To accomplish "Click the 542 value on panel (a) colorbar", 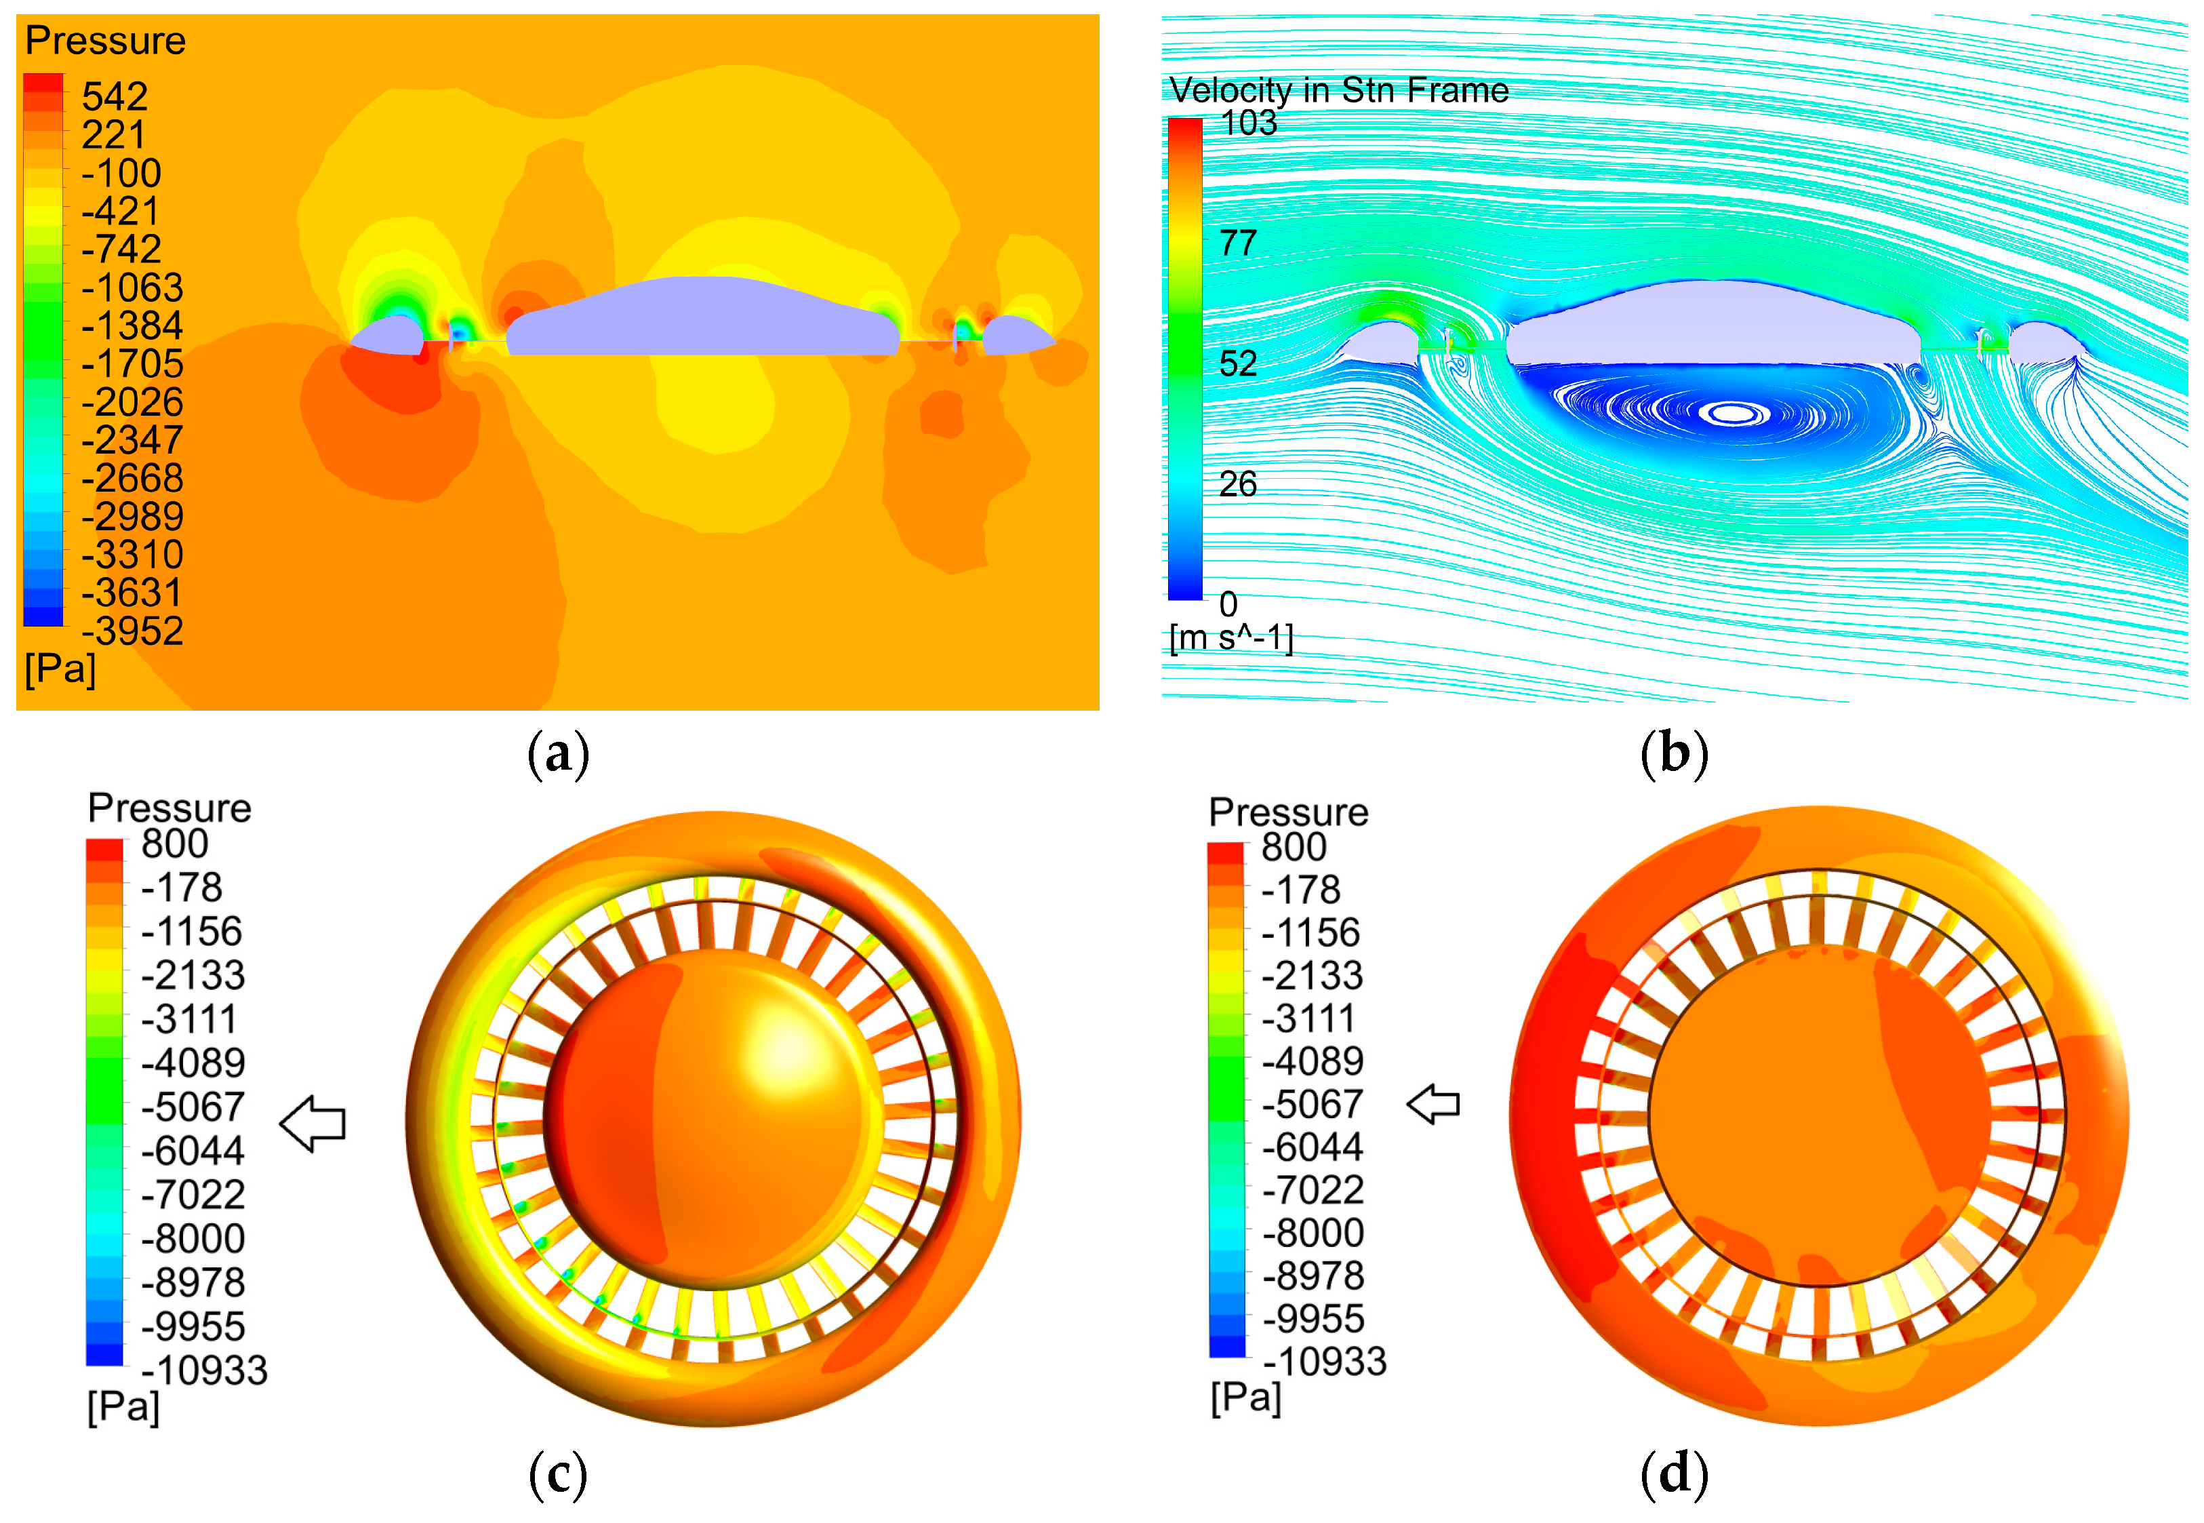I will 115,96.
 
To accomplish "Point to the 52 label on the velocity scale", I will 1237,363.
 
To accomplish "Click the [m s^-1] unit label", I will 1230,637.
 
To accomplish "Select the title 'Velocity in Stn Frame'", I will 1339,90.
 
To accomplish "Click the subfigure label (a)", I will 558,754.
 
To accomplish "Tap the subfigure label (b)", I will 1674,754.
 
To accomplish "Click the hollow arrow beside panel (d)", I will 1433,1104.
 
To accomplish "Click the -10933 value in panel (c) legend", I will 204,1370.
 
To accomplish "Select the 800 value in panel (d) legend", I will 1294,848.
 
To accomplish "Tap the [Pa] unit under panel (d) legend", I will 1245,1398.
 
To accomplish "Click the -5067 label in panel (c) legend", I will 193,1107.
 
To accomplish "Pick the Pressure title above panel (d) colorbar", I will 1288,812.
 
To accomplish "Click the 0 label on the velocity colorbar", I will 1228,604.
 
